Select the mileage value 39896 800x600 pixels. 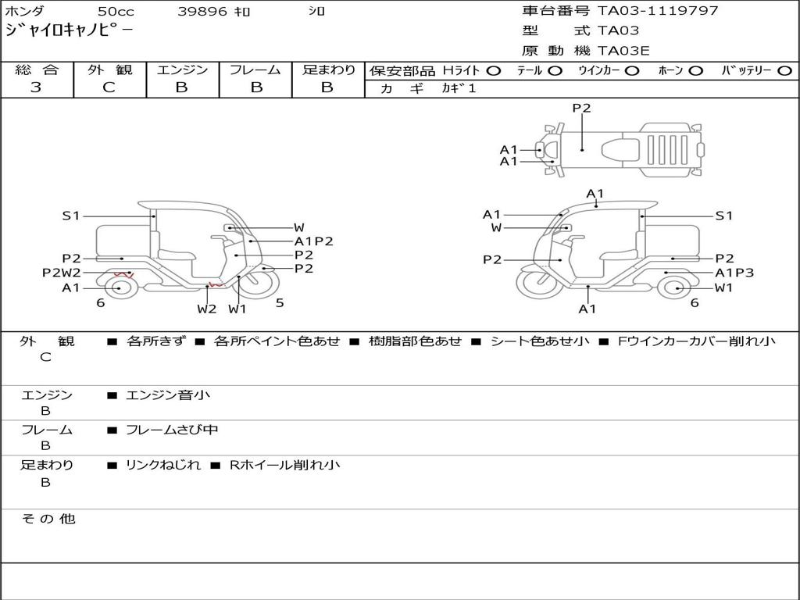[x=202, y=12]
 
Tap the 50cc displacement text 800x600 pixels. [x=115, y=12]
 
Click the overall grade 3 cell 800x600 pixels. [x=36, y=87]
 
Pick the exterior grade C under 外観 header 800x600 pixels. [x=109, y=87]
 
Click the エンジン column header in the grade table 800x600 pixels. [x=182, y=70]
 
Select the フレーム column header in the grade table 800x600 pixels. [x=255, y=70]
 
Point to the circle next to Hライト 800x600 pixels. [x=493, y=71]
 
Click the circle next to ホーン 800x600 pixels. [x=696, y=71]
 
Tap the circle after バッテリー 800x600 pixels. [x=785, y=71]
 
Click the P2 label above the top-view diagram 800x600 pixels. [x=581, y=109]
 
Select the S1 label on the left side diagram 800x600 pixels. [x=71, y=216]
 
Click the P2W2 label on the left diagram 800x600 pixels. [x=61, y=273]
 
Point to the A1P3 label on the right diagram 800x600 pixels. [x=734, y=273]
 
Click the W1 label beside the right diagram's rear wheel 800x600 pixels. [x=724, y=287]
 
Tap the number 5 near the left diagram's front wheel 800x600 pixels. [x=280, y=302]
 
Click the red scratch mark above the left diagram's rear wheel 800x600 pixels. [x=123, y=274]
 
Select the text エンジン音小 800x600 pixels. [x=168, y=395]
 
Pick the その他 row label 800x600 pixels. [x=48, y=519]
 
